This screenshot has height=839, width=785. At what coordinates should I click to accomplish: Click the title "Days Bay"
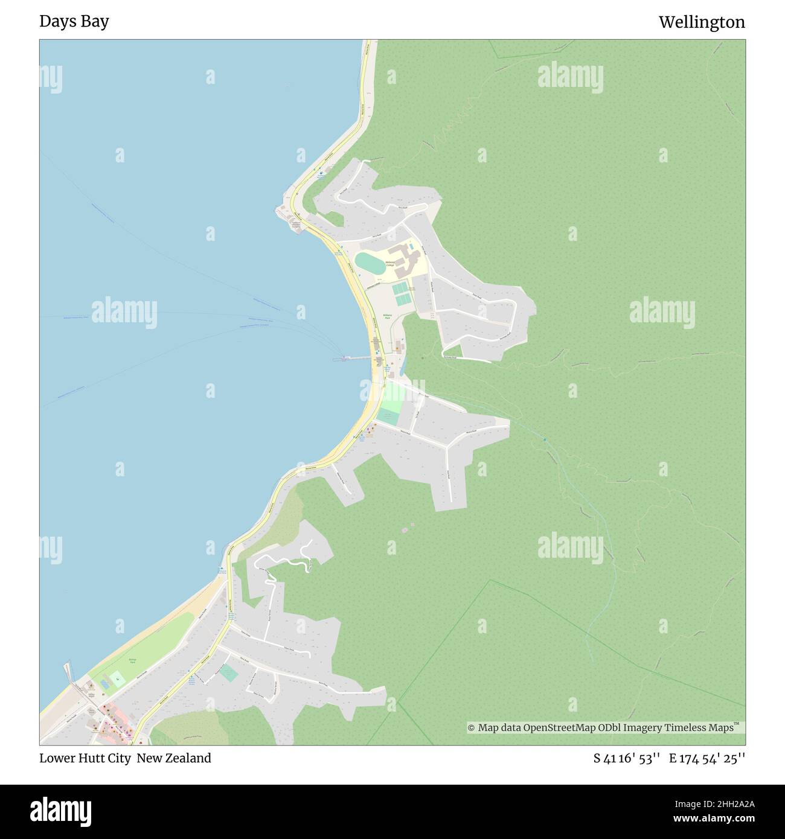(x=74, y=21)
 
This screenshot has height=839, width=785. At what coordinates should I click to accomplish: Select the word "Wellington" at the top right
(x=702, y=22)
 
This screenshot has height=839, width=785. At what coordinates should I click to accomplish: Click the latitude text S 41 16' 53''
(x=627, y=758)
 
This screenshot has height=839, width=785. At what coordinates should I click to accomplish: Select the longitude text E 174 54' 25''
(x=707, y=758)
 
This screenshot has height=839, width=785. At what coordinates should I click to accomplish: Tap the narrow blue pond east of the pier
(x=403, y=363)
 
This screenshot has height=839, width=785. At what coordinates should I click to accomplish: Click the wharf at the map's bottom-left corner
(x=68, y=672)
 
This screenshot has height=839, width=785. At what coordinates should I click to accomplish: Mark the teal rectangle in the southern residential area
(x=228, y=673)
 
